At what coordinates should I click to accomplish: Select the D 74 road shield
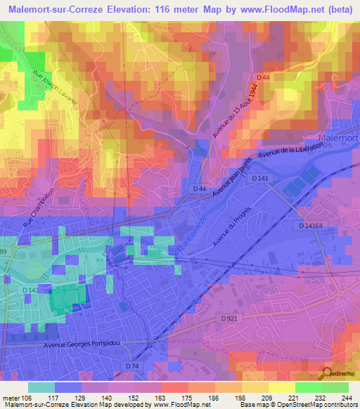tap(132, 365)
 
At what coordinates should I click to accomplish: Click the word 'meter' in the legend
tap(11, 396)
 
